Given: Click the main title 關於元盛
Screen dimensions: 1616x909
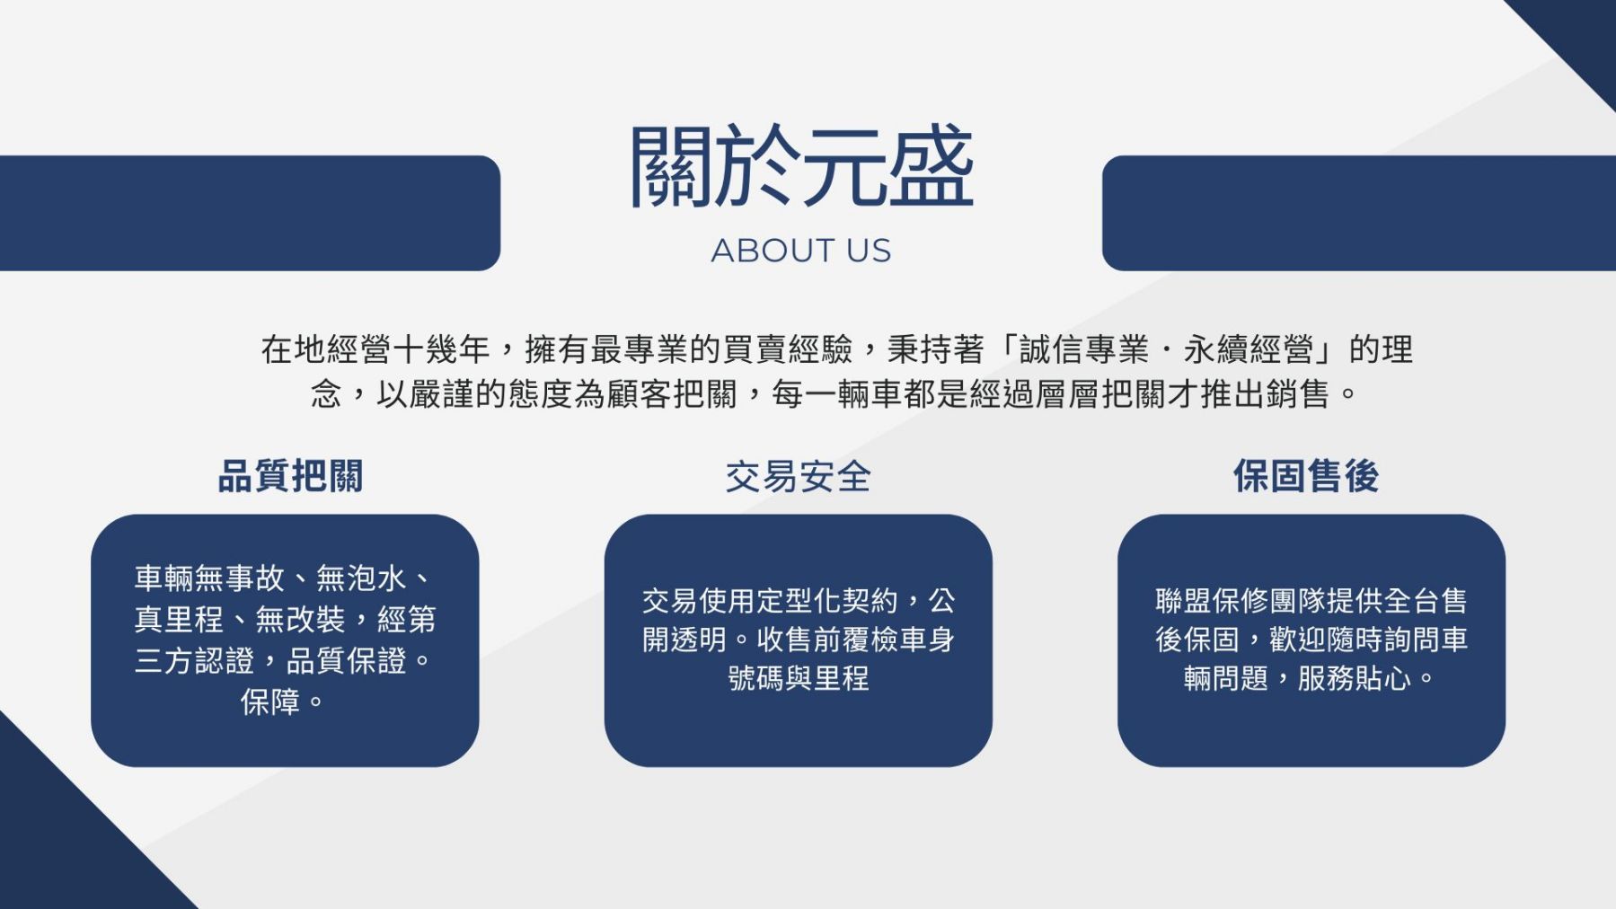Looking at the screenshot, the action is [801, 167].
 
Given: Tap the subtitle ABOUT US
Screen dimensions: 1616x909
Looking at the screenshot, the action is [801, 251].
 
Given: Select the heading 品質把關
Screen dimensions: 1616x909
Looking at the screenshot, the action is [291, 476].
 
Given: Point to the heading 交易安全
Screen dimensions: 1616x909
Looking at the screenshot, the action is [799, 476].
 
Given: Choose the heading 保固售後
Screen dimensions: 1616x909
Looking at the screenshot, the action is [1306, 476].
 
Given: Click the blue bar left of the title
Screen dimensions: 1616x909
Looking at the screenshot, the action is [250, 213].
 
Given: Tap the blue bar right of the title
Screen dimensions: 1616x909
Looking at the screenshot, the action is [1359, 213].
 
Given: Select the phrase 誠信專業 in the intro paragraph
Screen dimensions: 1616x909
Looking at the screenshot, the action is [1084, 349].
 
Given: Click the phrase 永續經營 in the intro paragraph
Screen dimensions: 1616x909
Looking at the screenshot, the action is [1249, 349].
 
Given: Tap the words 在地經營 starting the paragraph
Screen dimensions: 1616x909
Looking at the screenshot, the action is [326, 349].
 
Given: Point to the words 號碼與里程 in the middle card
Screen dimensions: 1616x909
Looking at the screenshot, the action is [799, 678].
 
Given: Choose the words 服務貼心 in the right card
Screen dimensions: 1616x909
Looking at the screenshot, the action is [1355, 678].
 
